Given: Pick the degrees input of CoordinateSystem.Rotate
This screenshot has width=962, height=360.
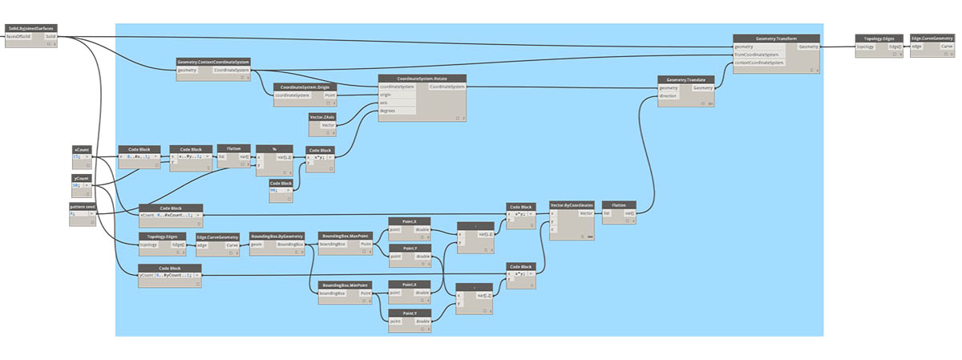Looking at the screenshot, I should pos(387,111).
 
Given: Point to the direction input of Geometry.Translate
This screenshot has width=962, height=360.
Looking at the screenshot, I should pos(668,96).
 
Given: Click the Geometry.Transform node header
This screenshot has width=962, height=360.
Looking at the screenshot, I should pos(776,38).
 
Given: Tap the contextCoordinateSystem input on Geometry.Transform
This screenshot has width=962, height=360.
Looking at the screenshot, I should pos(760,62).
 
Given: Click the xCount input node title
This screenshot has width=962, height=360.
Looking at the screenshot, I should pos(82,149).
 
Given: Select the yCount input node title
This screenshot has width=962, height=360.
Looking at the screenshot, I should pos(82,177).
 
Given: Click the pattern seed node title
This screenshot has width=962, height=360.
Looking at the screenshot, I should pos(83,206).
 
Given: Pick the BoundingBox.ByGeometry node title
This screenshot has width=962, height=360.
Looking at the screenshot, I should pos(277,237).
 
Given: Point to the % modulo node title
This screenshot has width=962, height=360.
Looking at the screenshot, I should pos(273,149).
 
